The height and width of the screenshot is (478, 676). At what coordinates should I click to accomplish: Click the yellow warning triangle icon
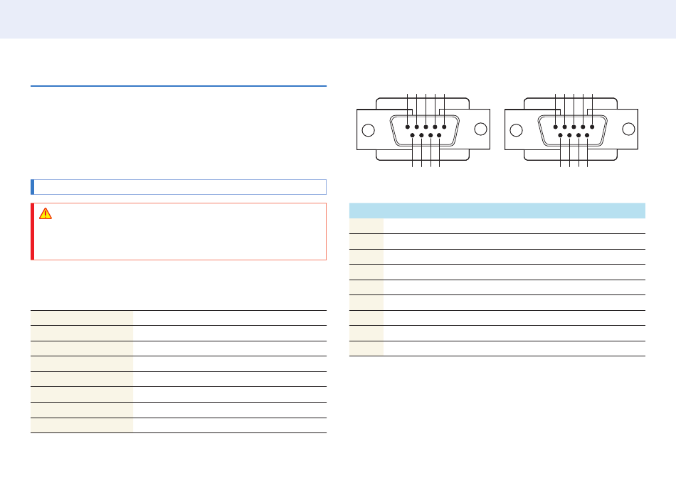pyautogui.click(x=46, y=213)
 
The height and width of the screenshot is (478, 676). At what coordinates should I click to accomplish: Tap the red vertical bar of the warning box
pyautogui.click(x=32, y=231)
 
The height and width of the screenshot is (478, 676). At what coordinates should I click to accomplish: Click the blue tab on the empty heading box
pyautogui.click(x=32, y=186)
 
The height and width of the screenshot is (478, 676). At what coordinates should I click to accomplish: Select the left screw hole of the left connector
pyautogui.click(x=369, y=131)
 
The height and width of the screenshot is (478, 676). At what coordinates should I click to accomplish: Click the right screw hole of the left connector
pyautogui.click(x=481, y=129)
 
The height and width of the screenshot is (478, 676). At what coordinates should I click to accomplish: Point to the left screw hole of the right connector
pyautogui.click(x=517, y=131)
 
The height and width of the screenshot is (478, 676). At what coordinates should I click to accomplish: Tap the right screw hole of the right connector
pyautogui.click(x=629, y=129)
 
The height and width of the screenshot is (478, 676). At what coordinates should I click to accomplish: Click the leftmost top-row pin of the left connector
pyautogui.click(x=407, y=127)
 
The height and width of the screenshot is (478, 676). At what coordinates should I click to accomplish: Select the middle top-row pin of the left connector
pyautogui.click(x=425, y=127)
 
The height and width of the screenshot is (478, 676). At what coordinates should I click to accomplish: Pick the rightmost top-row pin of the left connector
pyautogui.click(x=443, y=127)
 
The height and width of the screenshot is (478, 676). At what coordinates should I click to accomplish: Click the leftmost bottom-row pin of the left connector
pyautogui.click(x=413, y=135)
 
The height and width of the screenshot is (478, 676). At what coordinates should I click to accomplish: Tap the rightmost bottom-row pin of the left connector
pyautogui.click(x=439, y=135)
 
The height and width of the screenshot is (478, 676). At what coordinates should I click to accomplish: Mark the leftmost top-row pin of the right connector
pyautogui.click(x=555, y=127)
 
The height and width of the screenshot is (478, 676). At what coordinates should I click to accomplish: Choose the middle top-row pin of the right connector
pyautogui.click(x=573, y=127)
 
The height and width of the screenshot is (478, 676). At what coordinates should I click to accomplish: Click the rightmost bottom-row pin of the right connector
pyautogui.click(x=587, y=135)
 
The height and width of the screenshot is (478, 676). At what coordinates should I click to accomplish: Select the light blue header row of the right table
pyautogui.click(x=497, y=211)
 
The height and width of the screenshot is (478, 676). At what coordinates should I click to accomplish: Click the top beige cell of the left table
pyautogui.click(x=82, y=317)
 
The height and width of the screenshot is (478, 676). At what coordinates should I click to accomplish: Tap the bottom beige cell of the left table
pyautogui.click(x=82, y=425)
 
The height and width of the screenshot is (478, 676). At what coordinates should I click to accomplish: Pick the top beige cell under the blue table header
pyautogui.click(x=366, y=225)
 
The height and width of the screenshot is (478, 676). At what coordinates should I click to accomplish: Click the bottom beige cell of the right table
pyautogui.click(x=366, y=349)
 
